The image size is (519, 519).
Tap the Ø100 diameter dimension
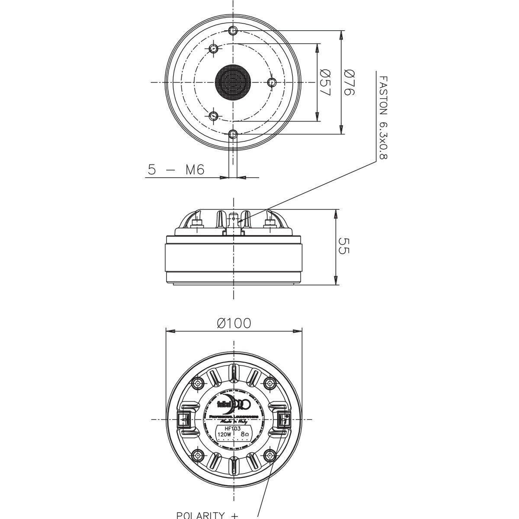click(234, 323)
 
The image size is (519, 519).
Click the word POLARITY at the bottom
click(200, 515)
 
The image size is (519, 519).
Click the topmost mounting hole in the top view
click(233, 30)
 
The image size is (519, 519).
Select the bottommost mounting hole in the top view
click(233, 134)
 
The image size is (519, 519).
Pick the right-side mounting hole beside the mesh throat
click(272, 82)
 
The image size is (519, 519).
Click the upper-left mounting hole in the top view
click(213, 48)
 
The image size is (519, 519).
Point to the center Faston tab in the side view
click(234, 220)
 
